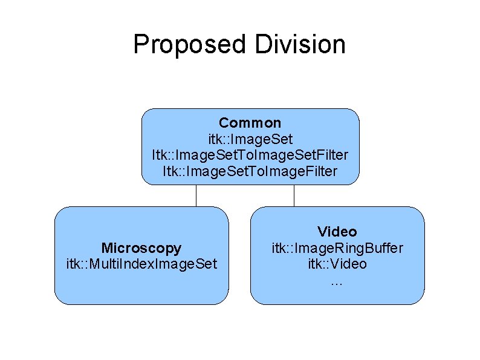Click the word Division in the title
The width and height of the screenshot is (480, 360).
300,45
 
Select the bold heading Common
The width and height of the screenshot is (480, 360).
250,123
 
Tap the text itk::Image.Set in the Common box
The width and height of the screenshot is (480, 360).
250,140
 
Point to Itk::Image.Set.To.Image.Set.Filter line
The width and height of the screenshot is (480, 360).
250,155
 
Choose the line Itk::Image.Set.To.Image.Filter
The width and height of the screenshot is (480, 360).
250,171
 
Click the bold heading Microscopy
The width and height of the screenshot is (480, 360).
141,248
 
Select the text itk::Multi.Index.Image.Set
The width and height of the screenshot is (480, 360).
141,264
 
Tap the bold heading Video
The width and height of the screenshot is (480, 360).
337,232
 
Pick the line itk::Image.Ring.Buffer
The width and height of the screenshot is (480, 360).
337,248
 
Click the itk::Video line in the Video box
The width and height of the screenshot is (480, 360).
337,264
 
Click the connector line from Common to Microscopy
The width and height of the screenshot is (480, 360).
196,195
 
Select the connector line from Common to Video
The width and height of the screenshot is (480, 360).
294,195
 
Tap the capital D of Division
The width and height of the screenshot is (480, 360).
264,45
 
